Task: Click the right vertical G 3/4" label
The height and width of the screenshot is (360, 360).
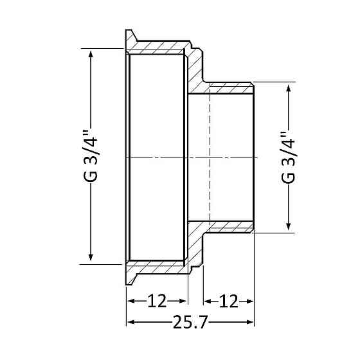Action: coord(289,157)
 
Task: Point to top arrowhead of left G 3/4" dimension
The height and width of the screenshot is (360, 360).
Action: coord(91,54)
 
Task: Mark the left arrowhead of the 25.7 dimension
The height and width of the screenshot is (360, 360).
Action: coord(129,323)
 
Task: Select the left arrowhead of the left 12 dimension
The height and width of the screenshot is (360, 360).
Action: coord(129,301)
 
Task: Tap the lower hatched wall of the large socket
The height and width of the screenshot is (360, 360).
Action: coord(157,266)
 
